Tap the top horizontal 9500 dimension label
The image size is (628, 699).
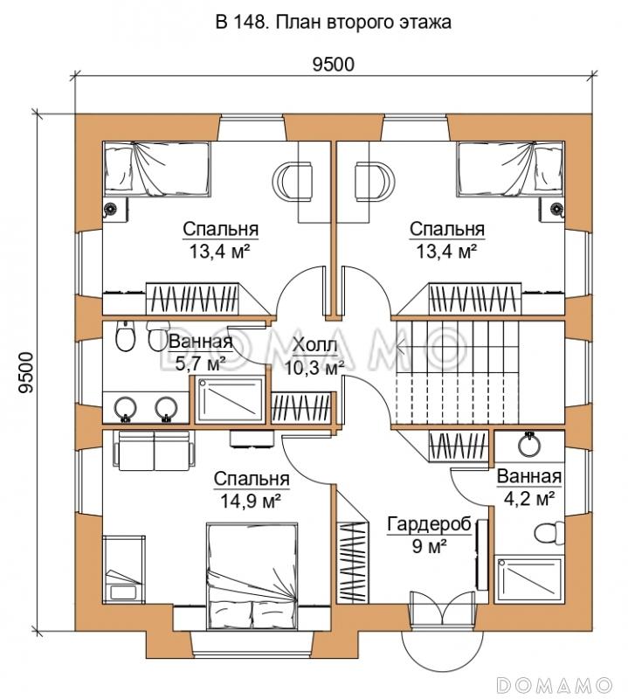[x=333, y=65]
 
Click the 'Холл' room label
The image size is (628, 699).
[x=314, y=345]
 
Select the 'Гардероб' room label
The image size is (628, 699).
[x=429, y=525]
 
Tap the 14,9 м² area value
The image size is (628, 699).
[x=251, y=502]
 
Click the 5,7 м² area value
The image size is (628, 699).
[x=199, y=363]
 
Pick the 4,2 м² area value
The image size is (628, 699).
[x=529, y=498]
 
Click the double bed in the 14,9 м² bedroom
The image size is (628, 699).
[x=252, y=577]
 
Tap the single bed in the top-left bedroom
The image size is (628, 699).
[x=157, y=169]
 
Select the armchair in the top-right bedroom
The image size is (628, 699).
[x=375, y=181]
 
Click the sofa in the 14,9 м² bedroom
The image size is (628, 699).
[x=155, y=450]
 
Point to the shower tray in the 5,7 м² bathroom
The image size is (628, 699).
[x=230, y=399]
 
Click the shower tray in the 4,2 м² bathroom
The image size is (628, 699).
[x=529, y=579]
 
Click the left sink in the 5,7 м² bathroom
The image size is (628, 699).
[x=126, y=408]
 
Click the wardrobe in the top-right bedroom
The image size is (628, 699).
[x=475, y=299]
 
